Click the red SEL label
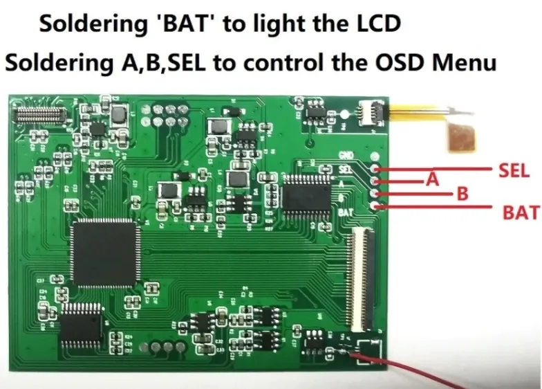point(512,170)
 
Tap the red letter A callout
point(433,180)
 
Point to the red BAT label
point(521,213)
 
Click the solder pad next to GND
point(375,156)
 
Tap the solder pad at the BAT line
point(375,205)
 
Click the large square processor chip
point(104,253)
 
